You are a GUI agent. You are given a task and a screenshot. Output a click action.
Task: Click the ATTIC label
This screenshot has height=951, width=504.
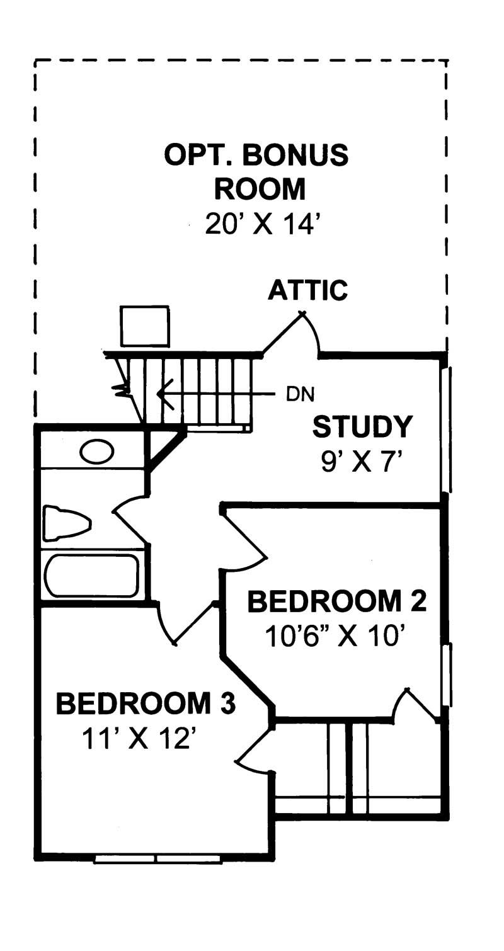307,290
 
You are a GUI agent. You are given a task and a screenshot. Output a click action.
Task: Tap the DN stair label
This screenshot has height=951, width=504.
300,394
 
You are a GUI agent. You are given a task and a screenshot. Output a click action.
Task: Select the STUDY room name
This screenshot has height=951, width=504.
362,427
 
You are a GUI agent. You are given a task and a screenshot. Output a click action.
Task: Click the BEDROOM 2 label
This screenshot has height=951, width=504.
336,601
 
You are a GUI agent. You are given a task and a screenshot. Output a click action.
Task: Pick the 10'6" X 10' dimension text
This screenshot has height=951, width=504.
333,637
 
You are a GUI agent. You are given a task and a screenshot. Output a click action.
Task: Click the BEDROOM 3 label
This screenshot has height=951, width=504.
146,703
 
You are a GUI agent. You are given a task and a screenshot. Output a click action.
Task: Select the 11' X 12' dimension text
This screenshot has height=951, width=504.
136,739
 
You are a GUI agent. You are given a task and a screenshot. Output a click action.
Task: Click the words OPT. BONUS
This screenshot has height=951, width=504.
256,155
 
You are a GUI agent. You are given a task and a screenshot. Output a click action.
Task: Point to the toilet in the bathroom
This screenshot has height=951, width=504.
66,523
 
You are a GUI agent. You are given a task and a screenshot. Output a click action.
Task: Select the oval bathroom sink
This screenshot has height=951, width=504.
96,452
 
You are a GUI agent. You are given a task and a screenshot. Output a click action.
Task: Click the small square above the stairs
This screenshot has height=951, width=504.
145,326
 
